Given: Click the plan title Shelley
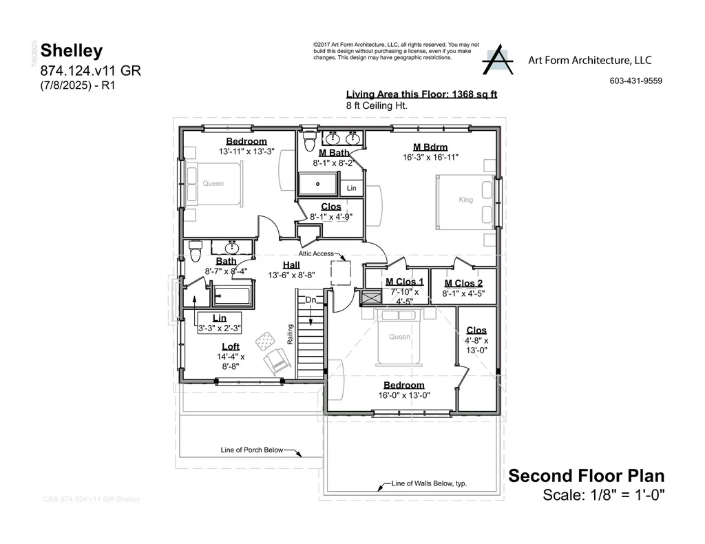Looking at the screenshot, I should coord(72,50).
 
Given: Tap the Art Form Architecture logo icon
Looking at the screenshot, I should coord(497,62).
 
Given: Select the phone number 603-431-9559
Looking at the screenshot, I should coord(635,81).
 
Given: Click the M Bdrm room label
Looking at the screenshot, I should coord(430,147).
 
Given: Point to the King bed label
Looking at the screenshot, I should coord(466,200).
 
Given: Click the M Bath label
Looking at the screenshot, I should coord(335,153).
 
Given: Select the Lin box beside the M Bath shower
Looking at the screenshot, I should coord(351,188).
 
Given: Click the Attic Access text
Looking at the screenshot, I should coord(316,253).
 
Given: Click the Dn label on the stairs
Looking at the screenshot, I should coord(311,300).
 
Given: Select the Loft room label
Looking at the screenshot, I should coord(231,346).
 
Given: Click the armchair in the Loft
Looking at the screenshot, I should coord(277,359).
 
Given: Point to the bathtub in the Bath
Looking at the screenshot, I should coord(232,297).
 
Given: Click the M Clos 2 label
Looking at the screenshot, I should coord(463,283).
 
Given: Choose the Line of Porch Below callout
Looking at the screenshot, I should coord(252,450).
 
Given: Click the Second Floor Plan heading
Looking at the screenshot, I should coord(586,476).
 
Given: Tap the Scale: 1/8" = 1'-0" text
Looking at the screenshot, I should coord(604,494).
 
